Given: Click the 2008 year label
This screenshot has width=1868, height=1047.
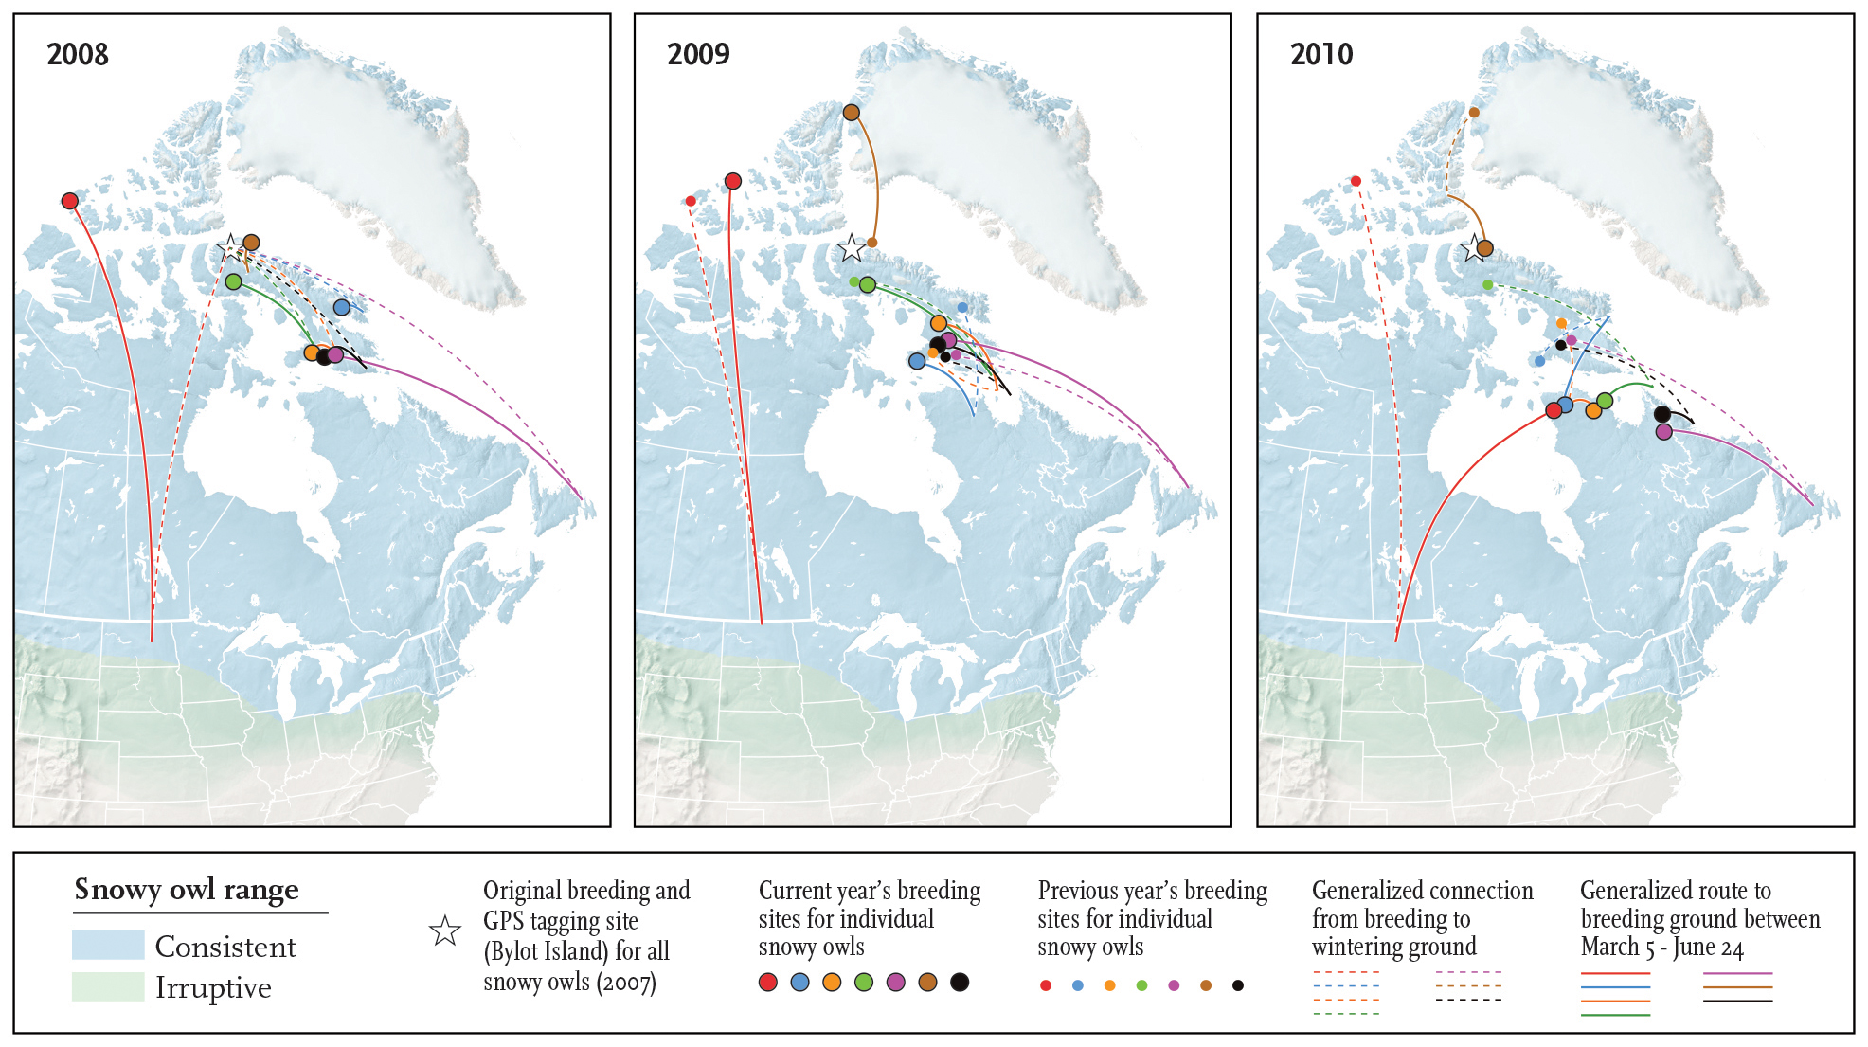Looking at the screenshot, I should point(78,54).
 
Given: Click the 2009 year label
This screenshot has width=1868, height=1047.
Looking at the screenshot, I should point(698,54).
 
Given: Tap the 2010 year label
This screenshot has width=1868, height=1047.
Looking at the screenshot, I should point(1321,54).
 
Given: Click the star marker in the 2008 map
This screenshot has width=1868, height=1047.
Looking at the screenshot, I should point(230,248).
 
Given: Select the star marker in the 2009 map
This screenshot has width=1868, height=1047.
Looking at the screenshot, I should point(852,248).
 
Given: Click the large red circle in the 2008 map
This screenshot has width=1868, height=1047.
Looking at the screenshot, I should point(69,201).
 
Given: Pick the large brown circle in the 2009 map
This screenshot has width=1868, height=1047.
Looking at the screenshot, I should point(851,112).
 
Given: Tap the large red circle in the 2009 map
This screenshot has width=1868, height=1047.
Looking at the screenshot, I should point(732,181).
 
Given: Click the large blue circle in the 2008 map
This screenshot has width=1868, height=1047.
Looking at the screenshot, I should point(342,307).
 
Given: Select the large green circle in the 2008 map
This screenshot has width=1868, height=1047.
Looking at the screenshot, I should point(234,281).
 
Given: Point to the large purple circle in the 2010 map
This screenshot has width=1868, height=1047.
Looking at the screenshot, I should point(1664,431).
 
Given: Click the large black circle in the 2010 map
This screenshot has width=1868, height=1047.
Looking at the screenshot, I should point(1661,414).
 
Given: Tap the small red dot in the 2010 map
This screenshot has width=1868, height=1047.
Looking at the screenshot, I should point(1356,181).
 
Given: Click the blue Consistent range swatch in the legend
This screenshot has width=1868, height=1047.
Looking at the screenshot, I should point(108,945).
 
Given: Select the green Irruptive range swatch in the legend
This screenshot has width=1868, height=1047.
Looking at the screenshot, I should point(108,986).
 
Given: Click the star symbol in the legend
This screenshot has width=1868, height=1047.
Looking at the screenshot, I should point(445,931).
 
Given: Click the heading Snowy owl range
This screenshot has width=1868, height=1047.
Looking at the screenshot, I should point(187,889).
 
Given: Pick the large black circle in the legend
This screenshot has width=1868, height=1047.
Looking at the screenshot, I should point(960,983).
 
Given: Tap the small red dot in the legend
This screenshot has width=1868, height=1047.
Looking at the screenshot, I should point(1046,985).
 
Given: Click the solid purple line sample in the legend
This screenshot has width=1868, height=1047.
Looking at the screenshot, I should point(1737,973).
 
